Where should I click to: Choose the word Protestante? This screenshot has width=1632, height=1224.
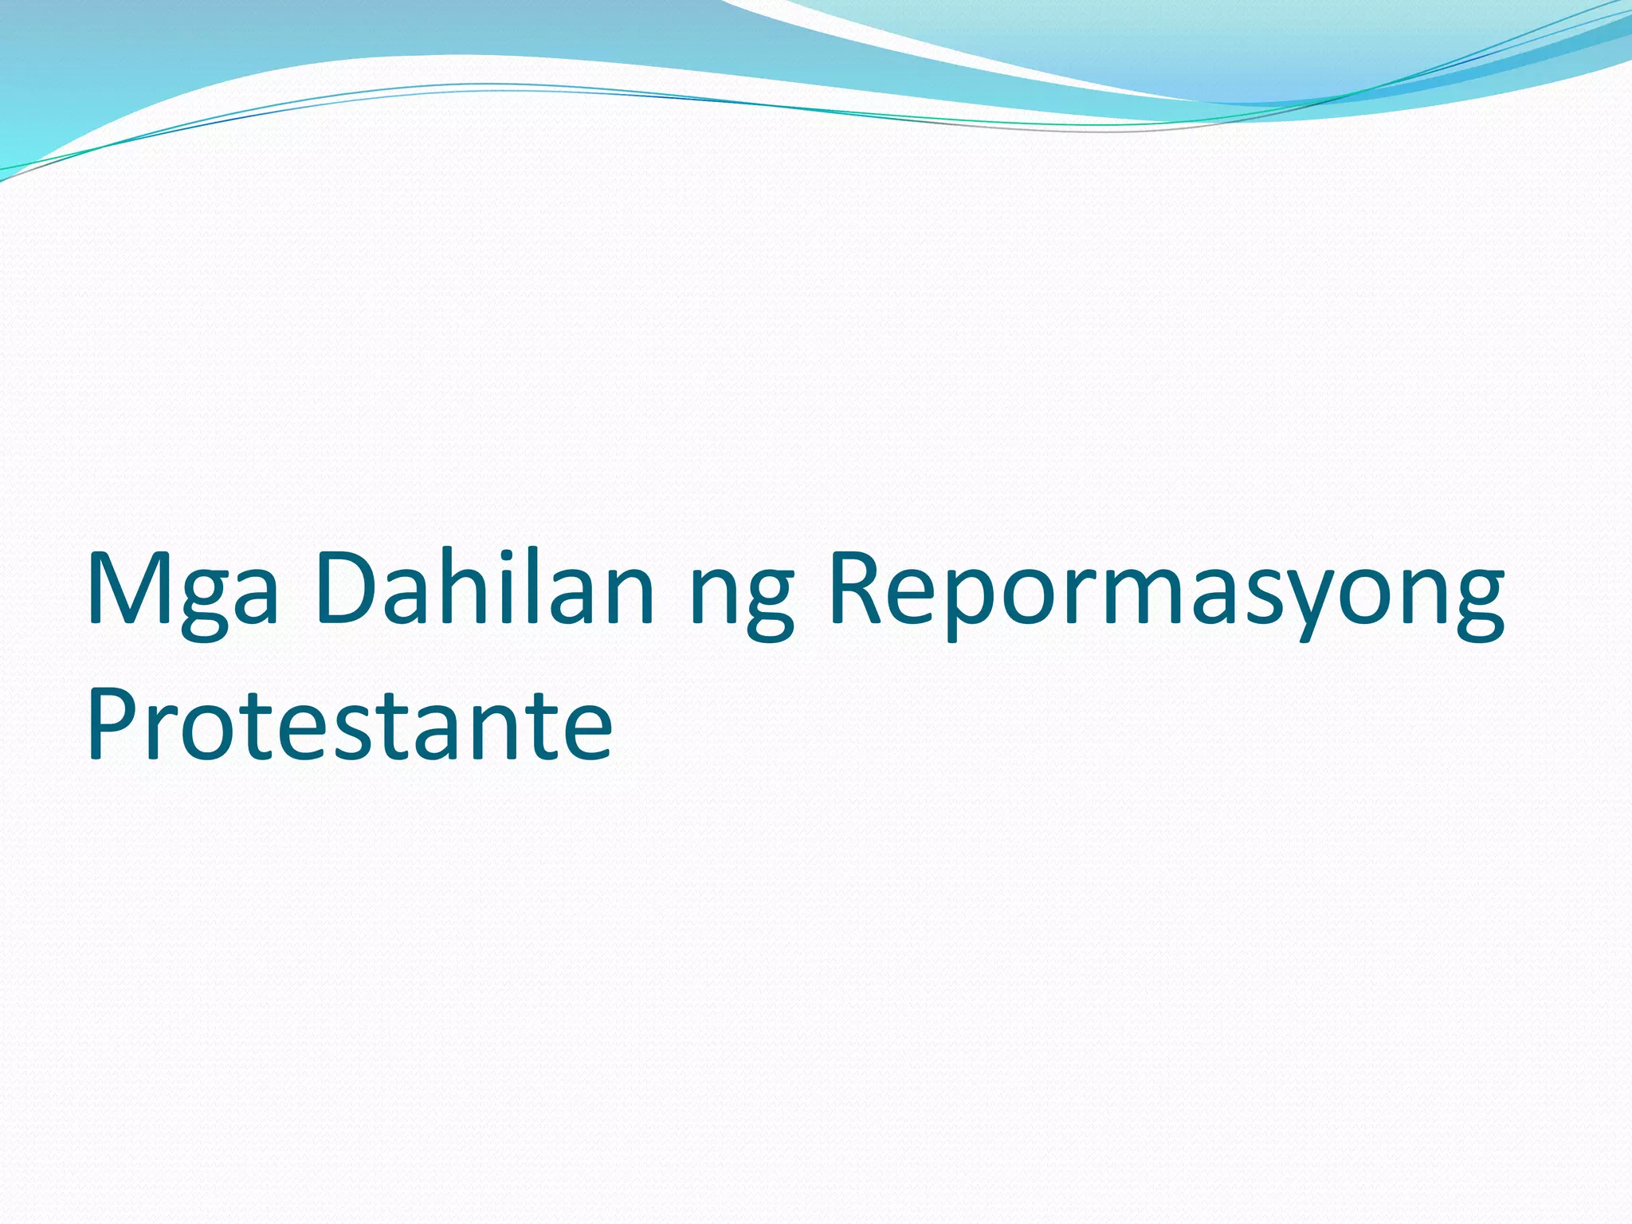349,725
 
